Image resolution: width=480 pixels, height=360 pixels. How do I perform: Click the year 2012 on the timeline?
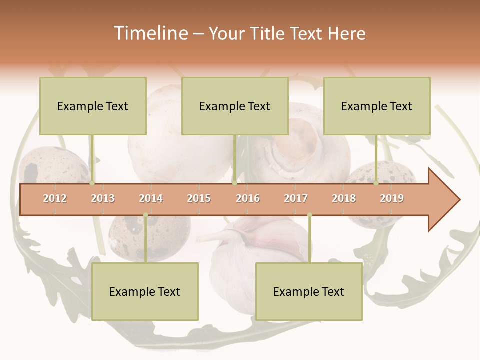pos(55,198)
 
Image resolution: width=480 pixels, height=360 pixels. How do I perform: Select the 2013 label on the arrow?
pos(103,198)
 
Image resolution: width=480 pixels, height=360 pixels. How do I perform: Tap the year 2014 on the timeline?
pos(151,198)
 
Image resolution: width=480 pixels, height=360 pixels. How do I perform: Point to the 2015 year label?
pos(199,198)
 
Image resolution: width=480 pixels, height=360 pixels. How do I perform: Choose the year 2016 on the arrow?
pos(248,198)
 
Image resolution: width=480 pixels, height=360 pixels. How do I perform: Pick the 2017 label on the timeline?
pos(296,198)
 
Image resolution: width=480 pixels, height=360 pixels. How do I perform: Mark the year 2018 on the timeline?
pos(344,198)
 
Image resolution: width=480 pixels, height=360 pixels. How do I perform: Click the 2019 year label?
pos(392,198)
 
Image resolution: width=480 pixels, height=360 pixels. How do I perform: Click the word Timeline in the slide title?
pos(150,33)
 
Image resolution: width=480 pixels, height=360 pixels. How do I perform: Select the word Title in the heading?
pos(268,33)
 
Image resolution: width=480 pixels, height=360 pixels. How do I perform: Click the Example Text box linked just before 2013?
pos(93,106)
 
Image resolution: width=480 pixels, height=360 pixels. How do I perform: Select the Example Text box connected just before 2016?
pos(235,106)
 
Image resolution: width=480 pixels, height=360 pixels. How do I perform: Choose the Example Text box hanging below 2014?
pos(145,291)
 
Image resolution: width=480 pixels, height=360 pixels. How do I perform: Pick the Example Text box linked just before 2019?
pos(377,106)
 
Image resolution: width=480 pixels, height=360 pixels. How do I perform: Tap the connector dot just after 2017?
pos(309,215)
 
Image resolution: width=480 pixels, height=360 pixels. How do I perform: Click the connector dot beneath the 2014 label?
pos(145,215)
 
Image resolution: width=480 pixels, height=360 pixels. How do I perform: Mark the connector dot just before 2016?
pos(235,183)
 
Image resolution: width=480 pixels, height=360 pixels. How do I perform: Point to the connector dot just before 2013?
pos(92,183)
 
